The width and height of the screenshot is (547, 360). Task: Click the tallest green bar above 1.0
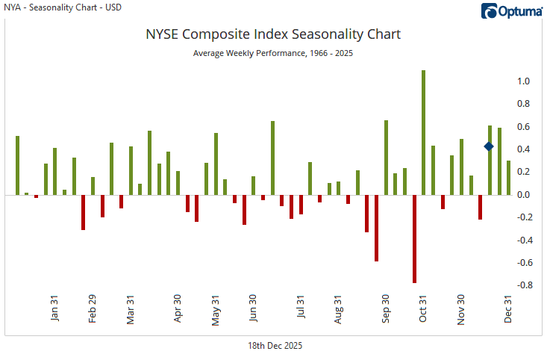(423, 132)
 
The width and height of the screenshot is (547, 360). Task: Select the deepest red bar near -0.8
(414, 239)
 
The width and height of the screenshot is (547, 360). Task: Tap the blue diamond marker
(489, 146)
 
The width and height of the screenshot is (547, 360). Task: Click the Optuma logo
(511, 10)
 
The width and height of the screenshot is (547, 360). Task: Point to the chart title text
(272, 34)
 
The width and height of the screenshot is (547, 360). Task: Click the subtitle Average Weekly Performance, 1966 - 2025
(272, 53)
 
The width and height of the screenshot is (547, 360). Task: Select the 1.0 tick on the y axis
(524, 81)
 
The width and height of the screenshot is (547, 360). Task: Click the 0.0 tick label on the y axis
(524, 195)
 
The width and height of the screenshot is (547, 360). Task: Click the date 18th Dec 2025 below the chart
(275, 346)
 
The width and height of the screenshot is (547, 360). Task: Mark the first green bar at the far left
(17, 165)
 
